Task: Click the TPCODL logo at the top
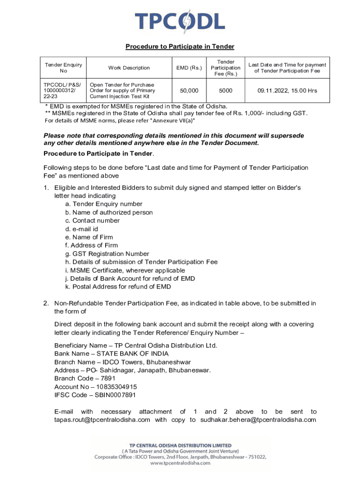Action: [180, 21]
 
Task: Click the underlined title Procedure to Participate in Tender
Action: [180, 47]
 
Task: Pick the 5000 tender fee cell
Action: [225, 90]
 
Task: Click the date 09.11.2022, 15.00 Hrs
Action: [287, 90]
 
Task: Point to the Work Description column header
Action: [129, 68]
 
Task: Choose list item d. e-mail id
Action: [82, 229]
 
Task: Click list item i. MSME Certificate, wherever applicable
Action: [125, 270]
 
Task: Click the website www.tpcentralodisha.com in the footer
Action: [180, 463]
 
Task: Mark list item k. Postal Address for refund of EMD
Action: [118, 287]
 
